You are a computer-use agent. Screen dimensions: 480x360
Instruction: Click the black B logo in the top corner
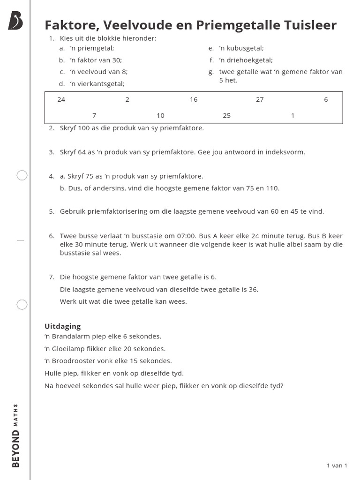15,21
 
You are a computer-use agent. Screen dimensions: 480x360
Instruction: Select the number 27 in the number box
260,99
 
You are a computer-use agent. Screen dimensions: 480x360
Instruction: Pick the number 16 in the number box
194,99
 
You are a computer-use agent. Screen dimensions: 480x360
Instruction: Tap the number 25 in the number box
226,115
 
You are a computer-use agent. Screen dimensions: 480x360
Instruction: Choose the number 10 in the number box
160,115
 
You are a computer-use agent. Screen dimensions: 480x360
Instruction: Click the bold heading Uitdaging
62,326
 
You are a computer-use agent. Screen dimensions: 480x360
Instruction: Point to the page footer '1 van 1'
337,465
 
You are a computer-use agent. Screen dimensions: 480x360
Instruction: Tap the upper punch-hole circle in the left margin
22,176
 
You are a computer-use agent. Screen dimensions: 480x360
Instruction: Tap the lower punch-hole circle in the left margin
22,305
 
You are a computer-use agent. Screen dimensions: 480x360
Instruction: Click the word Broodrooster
75,361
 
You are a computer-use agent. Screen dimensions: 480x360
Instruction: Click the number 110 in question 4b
272,188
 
